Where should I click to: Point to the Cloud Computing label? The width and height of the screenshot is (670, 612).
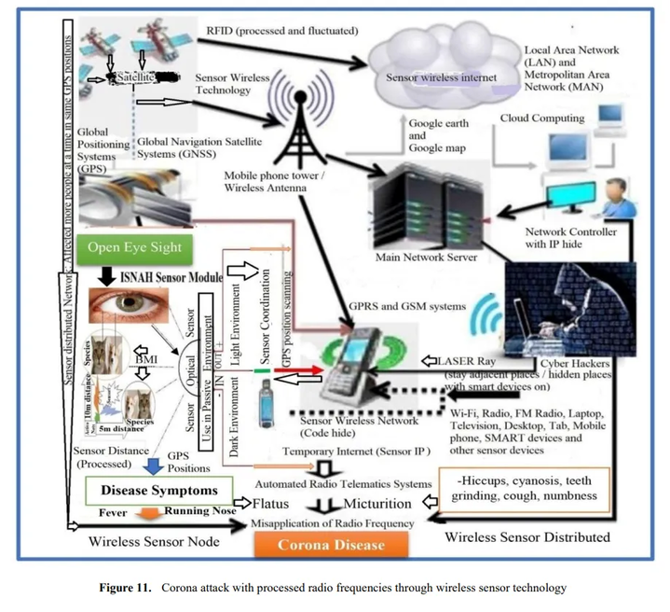pyautogui.click(x=542, y=118)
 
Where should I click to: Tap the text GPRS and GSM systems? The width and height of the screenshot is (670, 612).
pyautogui.click(x=405, y=305)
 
